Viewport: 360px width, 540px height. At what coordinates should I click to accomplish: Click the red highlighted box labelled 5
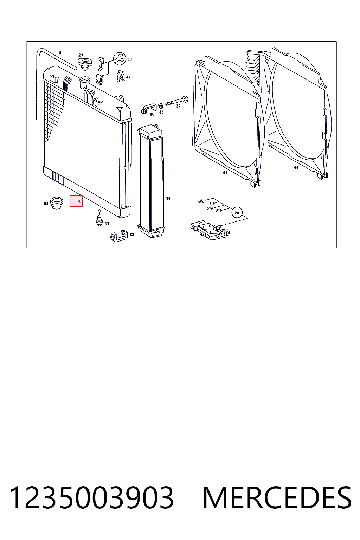76,201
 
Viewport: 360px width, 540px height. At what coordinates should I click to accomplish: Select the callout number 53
46,204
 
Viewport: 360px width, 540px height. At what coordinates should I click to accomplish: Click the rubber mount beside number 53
57,202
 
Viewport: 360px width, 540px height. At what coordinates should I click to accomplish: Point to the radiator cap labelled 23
85,64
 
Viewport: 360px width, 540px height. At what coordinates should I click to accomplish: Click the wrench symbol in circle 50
120,59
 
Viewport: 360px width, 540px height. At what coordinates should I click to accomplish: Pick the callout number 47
128,77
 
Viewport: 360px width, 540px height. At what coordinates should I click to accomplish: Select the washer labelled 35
160,105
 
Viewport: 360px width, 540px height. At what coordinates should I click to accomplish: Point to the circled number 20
237,213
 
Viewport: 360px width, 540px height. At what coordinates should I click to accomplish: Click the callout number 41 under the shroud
225,173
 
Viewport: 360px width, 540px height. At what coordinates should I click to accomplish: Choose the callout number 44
296,168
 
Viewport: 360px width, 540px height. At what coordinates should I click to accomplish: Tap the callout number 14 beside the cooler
168,198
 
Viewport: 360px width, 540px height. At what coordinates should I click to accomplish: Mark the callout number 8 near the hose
60,53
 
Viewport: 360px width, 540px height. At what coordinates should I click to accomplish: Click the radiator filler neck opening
85,79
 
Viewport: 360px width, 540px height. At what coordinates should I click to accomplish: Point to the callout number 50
129,59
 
